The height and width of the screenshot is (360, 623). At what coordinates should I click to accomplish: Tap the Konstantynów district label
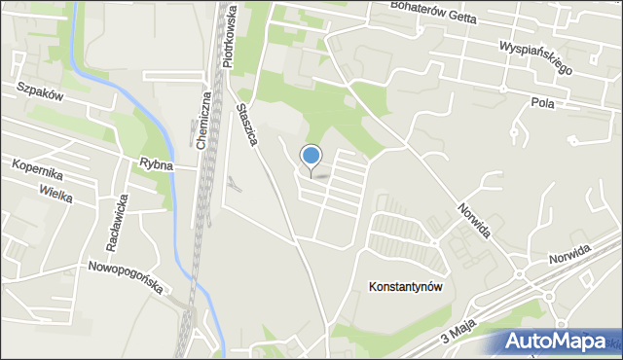406,287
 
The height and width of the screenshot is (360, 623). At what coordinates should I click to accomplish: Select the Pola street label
542,102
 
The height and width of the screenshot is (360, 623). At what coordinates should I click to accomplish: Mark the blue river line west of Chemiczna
146,112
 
